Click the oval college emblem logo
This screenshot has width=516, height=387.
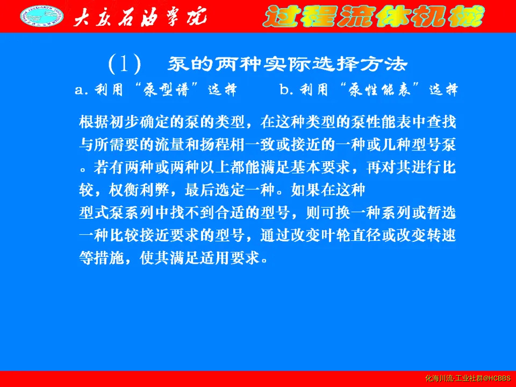coord(42,16)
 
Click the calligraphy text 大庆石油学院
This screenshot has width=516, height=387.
coord(140,17)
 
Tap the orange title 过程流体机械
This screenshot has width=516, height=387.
coord(374,16)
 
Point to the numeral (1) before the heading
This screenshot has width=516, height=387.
coord(124,64)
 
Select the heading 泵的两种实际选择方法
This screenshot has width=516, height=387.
coord(288,64)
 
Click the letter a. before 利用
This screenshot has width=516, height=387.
coord(82,90)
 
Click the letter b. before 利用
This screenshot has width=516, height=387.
coord(286,89)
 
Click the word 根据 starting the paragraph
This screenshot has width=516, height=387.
coord(94,122)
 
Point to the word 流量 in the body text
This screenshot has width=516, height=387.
coord(170,145)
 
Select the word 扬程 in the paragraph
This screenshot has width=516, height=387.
coord(215,145)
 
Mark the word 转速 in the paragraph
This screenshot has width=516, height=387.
coord(442,235)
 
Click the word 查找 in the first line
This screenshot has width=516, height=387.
coord(442,122)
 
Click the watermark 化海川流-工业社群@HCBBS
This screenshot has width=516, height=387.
coord(468,378)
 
